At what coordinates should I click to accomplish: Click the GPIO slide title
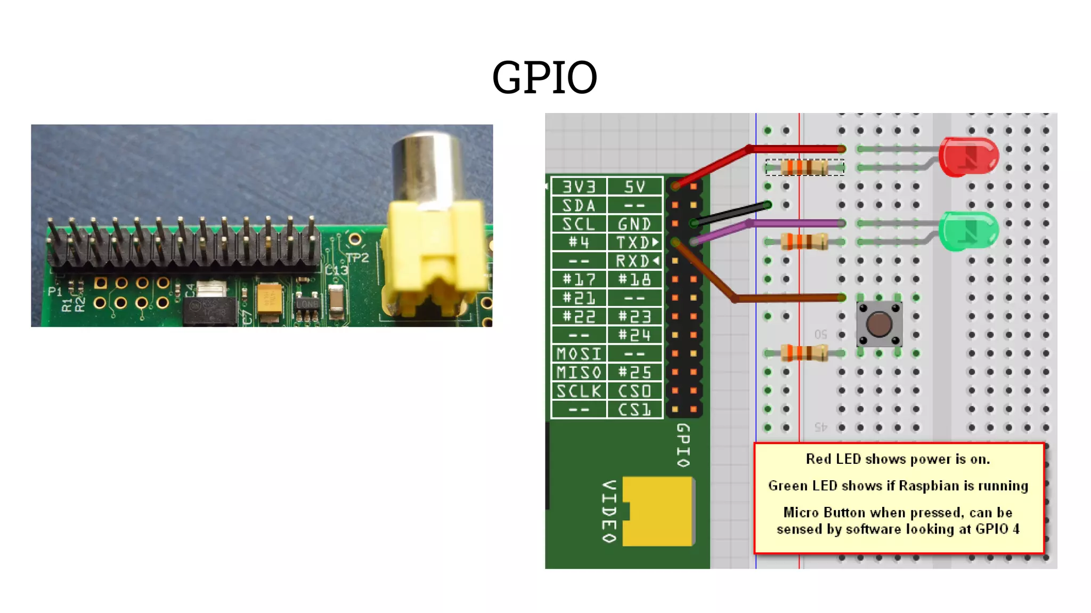[544, 78]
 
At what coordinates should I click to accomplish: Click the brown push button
[879, 324]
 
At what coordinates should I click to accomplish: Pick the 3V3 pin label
[579, 187]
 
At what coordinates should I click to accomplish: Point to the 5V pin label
[634, 187]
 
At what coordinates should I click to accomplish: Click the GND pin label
[634, 224]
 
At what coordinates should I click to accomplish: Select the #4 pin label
[579, 243]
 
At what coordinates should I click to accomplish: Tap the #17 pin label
[579, 279]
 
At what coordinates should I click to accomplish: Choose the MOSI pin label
[579, 353]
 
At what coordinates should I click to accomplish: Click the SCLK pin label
[579, 391]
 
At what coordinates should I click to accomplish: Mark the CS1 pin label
[634, 409]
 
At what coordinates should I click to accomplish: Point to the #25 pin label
[634, 372]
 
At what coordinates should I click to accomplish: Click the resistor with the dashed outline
[804, 167]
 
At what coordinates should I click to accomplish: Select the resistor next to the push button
[804, 353]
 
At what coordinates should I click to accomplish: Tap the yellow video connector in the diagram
[658, 511]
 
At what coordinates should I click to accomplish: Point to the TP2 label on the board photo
[357, 258]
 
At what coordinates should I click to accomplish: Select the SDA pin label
[579, 205]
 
